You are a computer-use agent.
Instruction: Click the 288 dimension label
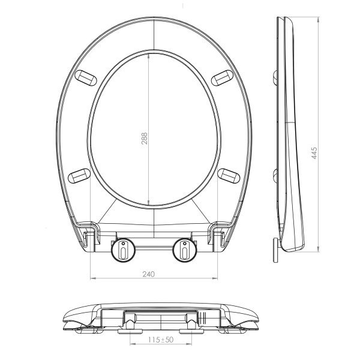coord(145,138)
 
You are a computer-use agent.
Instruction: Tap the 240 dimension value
coord(149,274)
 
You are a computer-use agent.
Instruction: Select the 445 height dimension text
coord(314,153)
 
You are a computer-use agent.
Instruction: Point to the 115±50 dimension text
coord(161,340)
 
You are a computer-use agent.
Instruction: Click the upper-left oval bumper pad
coord(86,78)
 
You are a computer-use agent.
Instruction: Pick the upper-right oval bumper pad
coord(222,78)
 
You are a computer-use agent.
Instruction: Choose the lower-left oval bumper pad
coord(79,176)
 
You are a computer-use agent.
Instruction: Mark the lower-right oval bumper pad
coord(229,176)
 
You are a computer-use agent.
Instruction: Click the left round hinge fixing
coord(123,250)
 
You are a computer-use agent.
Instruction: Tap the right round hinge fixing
coord(185,250)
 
